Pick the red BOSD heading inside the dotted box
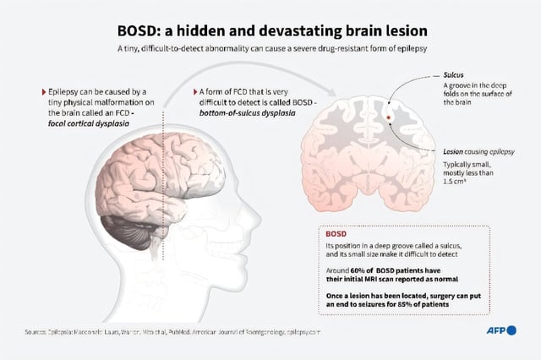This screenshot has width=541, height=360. [336, 232]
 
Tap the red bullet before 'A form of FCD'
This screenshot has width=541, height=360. [194, 90]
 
